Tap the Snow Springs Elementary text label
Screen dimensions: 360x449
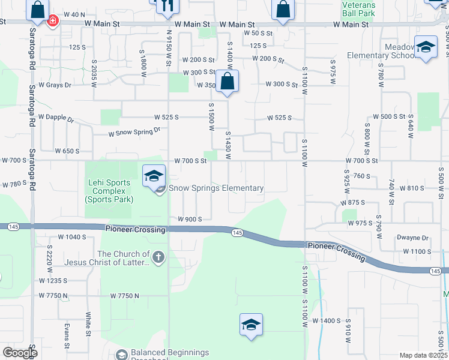click(x=216, y=188)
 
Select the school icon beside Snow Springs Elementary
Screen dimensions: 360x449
click(x=154, y=176)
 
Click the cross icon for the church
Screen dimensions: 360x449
click(x=158, y=258)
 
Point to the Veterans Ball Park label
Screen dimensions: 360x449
click(x=359, y=8)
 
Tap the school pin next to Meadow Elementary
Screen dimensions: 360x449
click(x=426, y=48)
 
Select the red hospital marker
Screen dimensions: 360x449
click(x=53, y=20)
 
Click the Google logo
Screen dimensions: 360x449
click(x=19, y=353)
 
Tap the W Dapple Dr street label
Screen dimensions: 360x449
click(x=55, y=118)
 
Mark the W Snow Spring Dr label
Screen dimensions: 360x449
click(x=134, y=132)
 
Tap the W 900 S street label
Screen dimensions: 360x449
click(x=190, y=219)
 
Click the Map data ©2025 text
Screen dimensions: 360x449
click(x=423, y=355)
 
